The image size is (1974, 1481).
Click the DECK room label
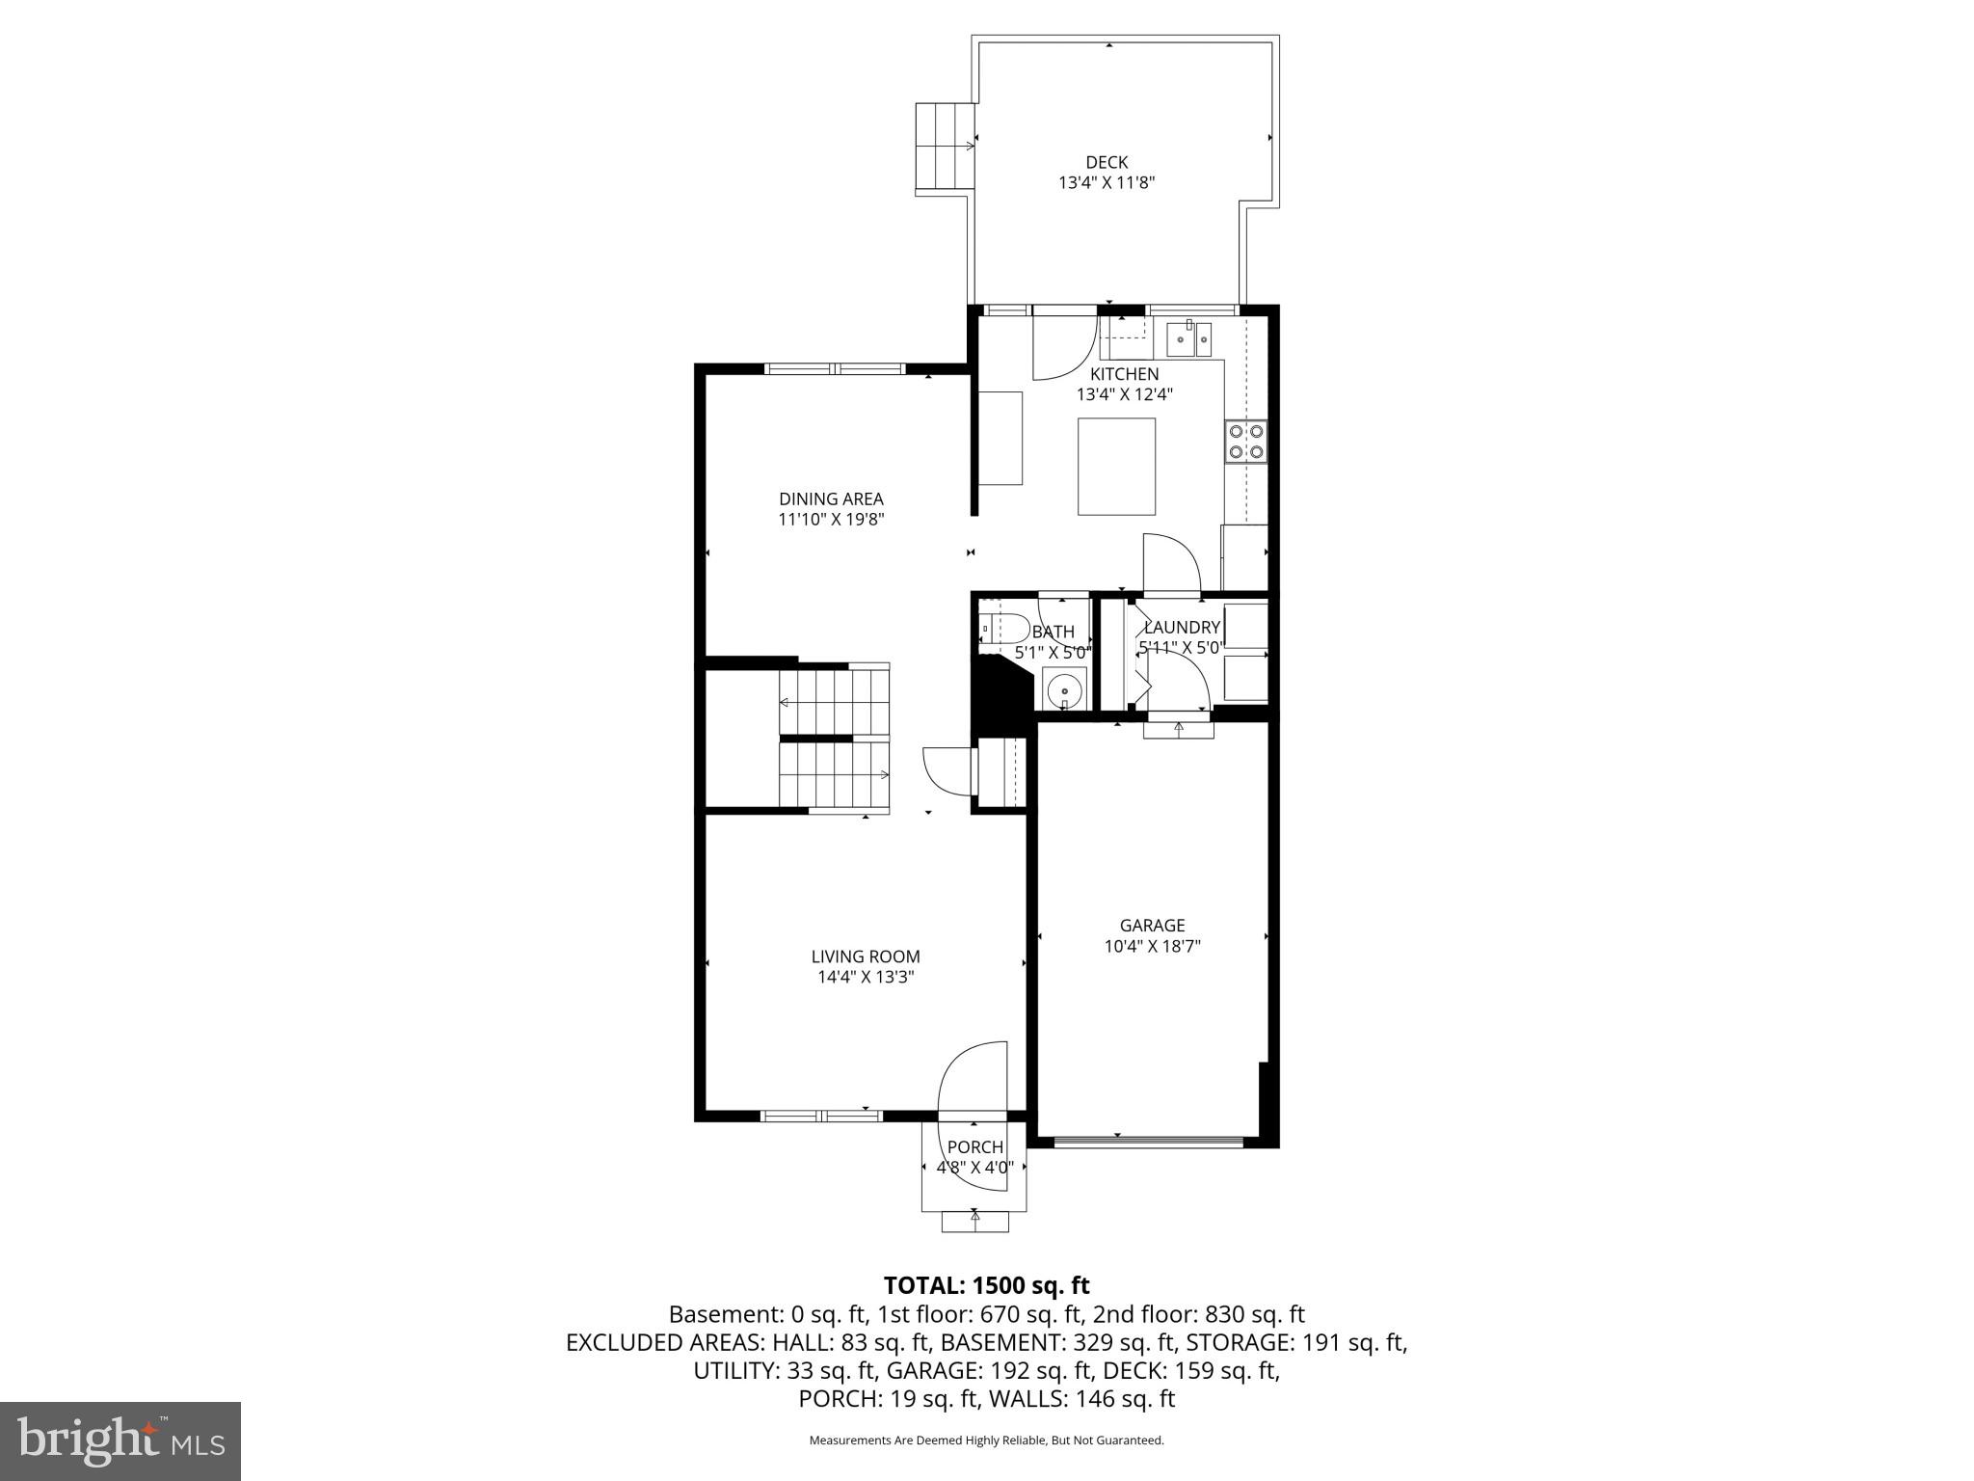click(x=1106, y=163)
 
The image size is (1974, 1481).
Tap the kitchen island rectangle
click(x=1116, y=467)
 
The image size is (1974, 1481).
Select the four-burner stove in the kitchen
click(x=1246, y=442)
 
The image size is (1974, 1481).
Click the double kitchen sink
click(x=1189, y=339)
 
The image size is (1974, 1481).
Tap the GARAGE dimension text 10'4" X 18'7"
click(x=1152, y=946)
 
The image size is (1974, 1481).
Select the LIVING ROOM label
click(x=865, y=956)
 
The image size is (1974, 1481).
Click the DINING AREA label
click(x=831, y=498)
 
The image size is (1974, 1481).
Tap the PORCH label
click(x=974, y=1147)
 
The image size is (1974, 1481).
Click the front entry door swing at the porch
click(x=972, y=1080)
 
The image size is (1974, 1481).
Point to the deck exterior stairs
click(x=944, y=147)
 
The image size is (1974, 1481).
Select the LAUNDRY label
click(x=1182, y=628)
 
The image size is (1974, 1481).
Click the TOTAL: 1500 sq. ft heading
click(x=986, y=1285)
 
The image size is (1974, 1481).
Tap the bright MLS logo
click(x=120, y=1441)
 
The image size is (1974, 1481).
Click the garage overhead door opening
click(x=1148, y=1143)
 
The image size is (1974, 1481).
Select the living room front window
click(x=821, y=1117)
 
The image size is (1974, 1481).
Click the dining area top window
click(x=835, y=368)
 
